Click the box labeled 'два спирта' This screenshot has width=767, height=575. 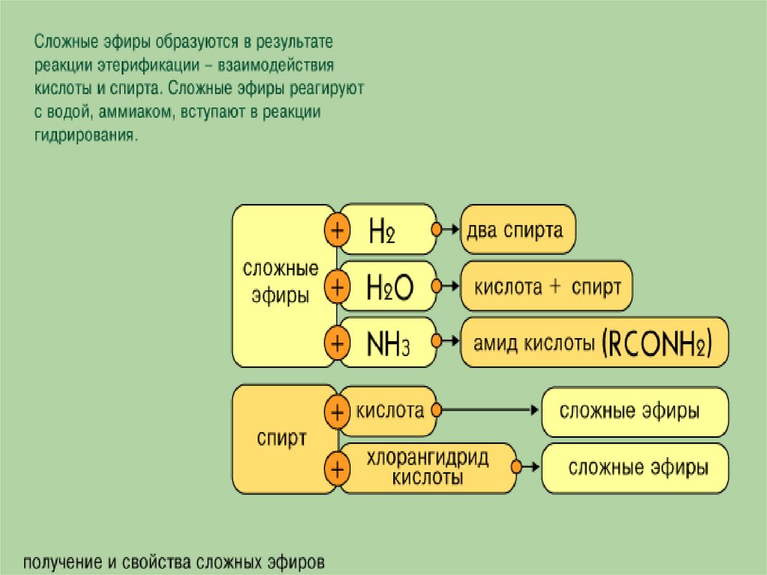[x=518, y=229]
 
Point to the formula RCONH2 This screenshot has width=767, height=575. [x=656, y=343]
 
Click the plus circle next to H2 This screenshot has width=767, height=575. [x=337, y=229]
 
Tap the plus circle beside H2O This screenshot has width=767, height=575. [x=337, y=286]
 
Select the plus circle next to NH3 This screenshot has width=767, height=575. [x=337, y=343]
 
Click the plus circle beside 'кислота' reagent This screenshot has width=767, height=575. [x=337, y=412]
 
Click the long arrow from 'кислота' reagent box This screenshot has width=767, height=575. [x=487, y=411]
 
